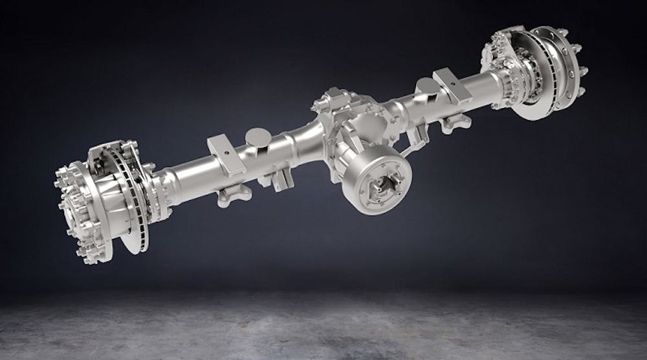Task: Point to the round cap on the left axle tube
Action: point(258,138)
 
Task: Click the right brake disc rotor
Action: point(543,78)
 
